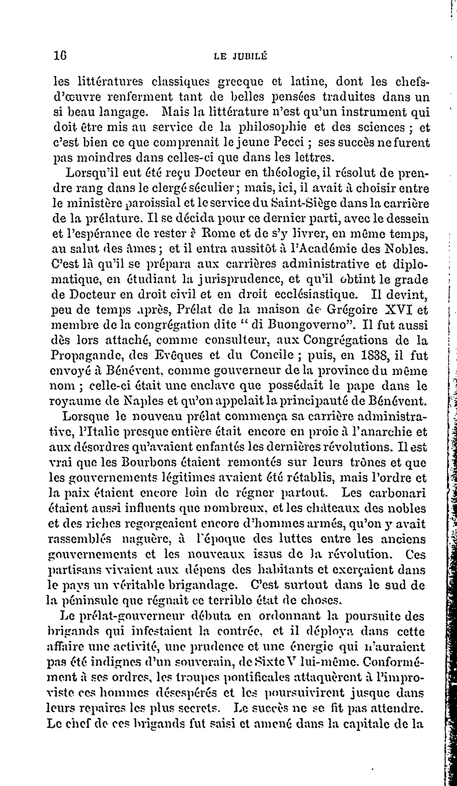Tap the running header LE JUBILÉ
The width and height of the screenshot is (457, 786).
(240, 56)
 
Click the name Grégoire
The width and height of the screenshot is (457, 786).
(352, 310)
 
